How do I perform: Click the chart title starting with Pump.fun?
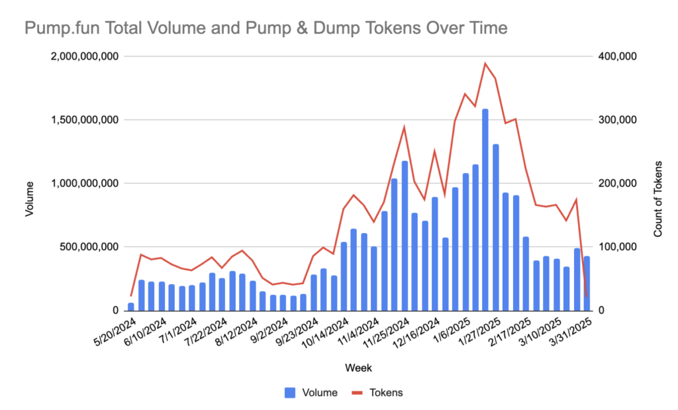coord(266,28)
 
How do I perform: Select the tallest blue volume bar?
coord(485,209)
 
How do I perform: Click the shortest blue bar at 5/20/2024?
coord(131,307)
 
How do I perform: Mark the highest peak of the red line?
coord(485,64)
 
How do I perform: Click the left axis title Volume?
coord(28,198)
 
